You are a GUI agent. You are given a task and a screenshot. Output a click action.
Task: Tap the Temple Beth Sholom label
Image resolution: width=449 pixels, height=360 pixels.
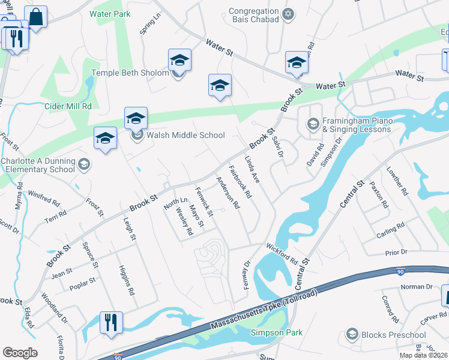129,73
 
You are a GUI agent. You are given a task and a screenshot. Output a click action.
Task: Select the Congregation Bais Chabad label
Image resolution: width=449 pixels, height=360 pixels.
255,15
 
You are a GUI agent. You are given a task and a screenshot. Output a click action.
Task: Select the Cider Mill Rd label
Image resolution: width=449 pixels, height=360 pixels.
68,106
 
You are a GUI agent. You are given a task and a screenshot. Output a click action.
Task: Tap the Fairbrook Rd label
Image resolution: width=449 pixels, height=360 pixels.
240,182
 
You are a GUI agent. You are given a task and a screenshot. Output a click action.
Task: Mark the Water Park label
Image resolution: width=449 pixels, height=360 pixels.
109,13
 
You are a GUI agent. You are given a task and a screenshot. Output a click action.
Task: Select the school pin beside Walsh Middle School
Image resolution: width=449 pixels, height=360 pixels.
136,118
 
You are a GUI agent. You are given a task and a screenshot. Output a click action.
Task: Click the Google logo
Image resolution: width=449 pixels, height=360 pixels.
20,353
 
